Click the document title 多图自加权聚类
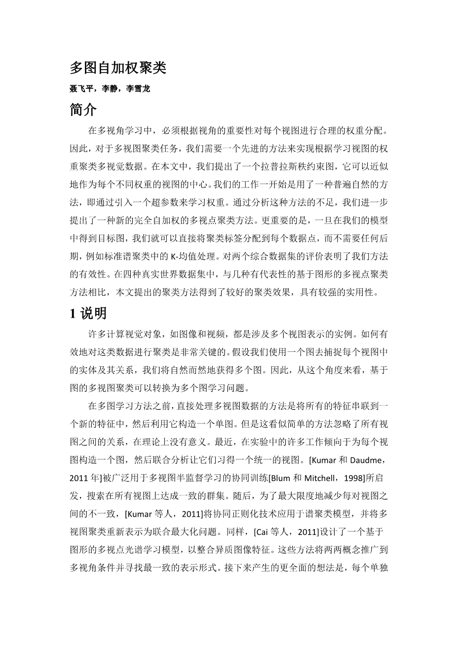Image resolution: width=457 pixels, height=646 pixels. [x=118, y=68]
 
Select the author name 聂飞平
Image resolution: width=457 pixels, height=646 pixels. [x=81, y=89]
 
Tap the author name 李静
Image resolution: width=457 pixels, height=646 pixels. [x=110, y=89]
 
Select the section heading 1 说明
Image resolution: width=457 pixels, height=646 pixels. [x=88, y=313]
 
